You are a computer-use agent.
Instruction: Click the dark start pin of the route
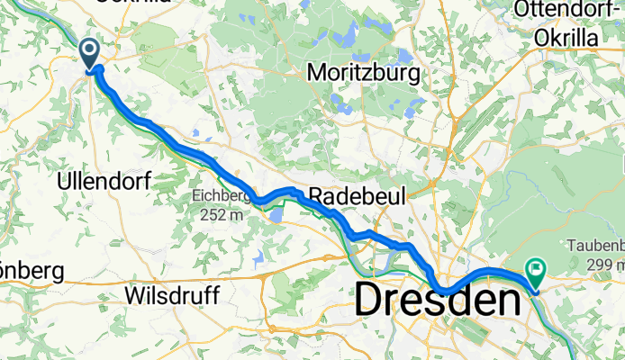point(91,52)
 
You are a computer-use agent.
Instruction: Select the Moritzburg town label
point(365,71)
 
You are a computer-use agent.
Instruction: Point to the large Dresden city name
point(439,300)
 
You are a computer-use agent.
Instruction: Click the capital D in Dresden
point(371,300)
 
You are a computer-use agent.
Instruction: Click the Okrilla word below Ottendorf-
point(567,39)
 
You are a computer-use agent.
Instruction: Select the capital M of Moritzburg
point(316,71)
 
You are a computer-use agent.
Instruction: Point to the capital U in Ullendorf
point(63,180)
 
